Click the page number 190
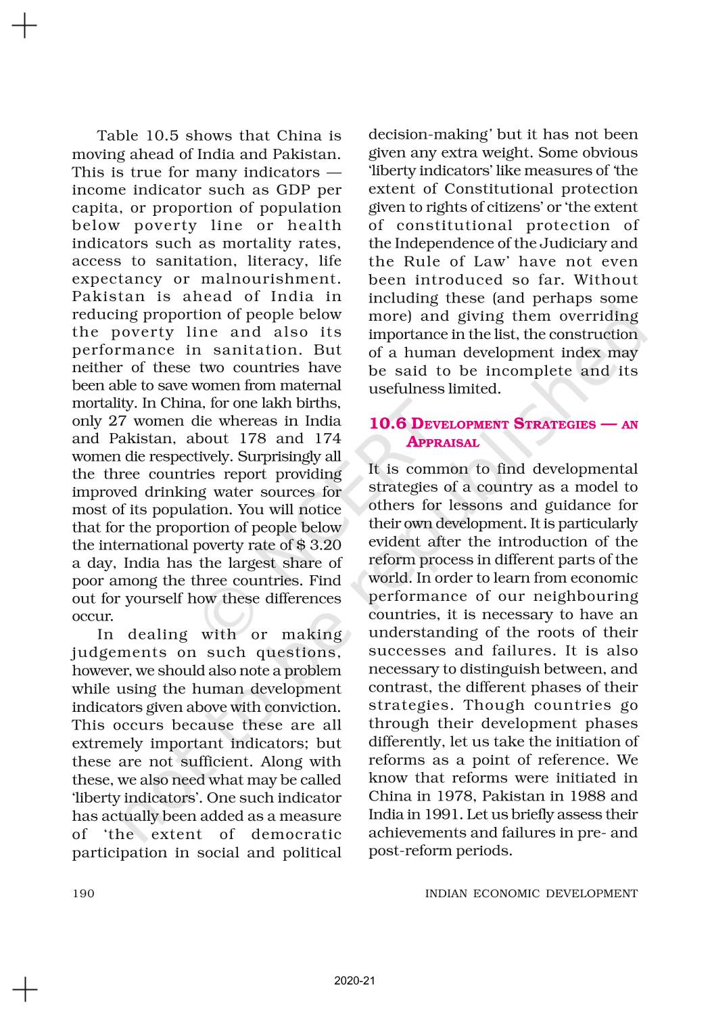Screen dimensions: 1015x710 (83, 894)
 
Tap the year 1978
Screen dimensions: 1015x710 (446, 796)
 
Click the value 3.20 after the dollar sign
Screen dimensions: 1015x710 (326, 545)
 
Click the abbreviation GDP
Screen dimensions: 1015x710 (279, 190)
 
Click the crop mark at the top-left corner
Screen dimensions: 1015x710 (24, 26)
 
